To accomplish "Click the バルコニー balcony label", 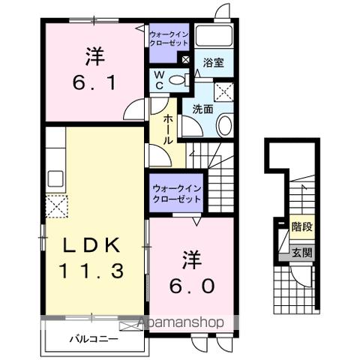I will click(x=94, y=339).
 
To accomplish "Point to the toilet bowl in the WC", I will click(x=177, y=81).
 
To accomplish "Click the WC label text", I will click(x=160, y=80).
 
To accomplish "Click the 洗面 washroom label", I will click(x=201, y=109).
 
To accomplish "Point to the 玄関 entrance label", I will click(x=301, y=253).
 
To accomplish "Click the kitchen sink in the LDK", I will click(x=55, y=179).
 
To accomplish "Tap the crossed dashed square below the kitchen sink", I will click(x=55, y=205).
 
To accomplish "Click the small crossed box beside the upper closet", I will click(x=184, y=58).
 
